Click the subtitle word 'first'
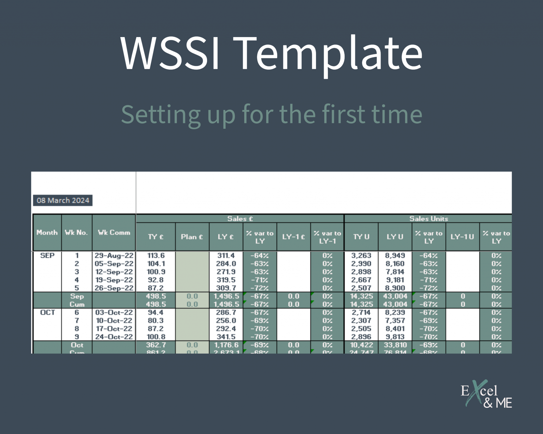coord(344,114)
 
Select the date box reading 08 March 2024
coord(63,200)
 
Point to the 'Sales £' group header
coord(240,219)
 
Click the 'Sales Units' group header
coord(428,219)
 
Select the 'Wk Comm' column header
coord(114,232)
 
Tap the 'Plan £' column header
coord(192,237)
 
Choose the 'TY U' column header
coord(361,237)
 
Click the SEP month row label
coord(47,255)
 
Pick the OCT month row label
coord(47,312)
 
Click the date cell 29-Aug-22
coord(114,255)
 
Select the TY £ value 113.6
coord(156,255)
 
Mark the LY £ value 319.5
coord(226,280)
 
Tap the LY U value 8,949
coord(395,255)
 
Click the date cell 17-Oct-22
coord(114,329)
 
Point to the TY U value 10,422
coord(361,345)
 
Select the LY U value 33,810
coord(395,345)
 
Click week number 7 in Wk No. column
coord(77,321)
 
